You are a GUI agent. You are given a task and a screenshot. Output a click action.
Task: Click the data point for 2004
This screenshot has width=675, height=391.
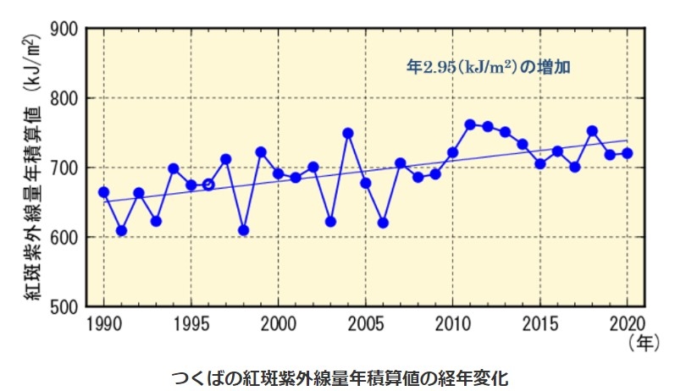348,134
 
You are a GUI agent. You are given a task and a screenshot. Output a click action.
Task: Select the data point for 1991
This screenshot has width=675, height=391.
121,230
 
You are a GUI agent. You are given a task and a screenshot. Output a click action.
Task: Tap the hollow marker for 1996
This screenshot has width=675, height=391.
208,184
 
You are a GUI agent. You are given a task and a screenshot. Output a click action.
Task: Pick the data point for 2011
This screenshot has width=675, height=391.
470,124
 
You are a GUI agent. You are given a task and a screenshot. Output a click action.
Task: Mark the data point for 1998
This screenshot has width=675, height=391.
243,230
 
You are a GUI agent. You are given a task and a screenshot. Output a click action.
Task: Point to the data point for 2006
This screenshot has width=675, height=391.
383,223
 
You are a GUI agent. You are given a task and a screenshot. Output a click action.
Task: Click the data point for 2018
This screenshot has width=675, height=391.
592,131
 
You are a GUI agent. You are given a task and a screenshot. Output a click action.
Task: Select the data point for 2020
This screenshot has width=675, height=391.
627,153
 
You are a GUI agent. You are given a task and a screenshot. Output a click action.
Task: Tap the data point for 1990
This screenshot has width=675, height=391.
103,192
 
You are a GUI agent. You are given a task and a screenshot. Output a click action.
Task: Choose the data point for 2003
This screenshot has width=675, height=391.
330,222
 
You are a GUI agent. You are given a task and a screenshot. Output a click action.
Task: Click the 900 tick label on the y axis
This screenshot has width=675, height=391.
65,30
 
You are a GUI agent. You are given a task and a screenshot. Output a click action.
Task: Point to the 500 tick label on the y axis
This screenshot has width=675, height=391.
65,306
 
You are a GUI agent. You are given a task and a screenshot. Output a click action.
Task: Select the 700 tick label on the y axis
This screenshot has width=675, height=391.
65,168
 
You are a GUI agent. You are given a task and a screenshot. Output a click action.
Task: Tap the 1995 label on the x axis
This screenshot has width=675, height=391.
191,323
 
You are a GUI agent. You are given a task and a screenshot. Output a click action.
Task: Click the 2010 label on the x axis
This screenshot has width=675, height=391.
452,323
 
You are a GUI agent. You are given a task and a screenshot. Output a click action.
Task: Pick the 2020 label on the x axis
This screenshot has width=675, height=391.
627,323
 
